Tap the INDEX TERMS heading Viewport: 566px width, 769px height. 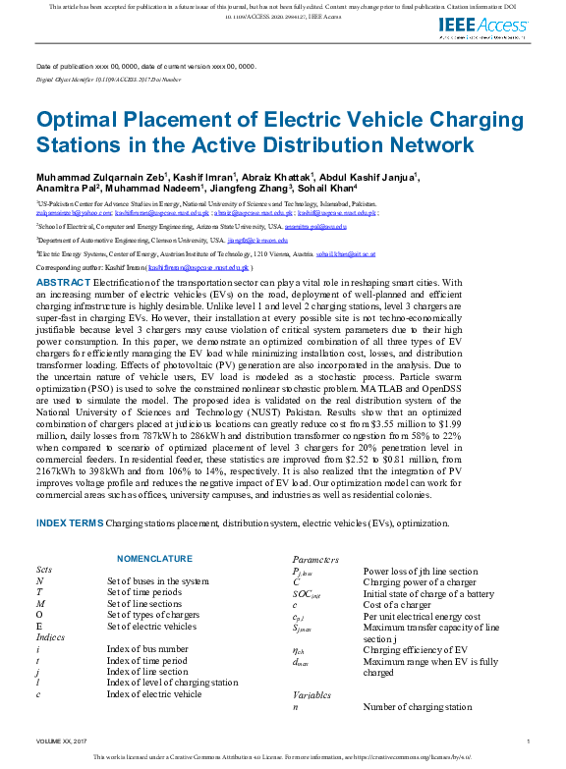pos(69,523)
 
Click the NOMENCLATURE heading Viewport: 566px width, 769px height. pos(154,559)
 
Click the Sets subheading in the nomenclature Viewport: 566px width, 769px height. pos(44,570)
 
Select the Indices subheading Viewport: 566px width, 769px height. pos(50,636)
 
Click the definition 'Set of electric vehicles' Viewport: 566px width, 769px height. pos(151,626)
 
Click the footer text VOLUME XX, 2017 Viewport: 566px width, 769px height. pos(62,742)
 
